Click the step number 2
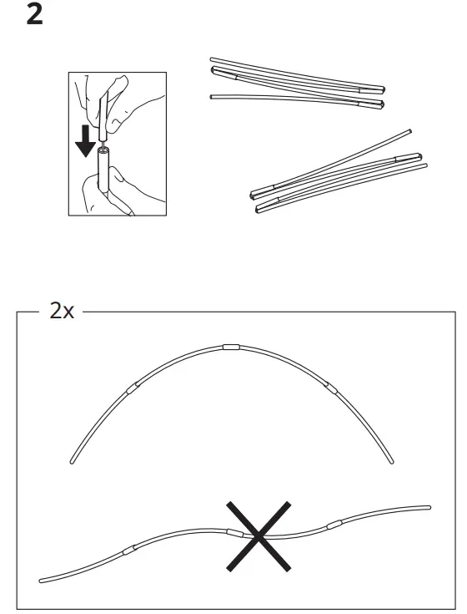35,15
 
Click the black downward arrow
84,143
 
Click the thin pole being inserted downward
103,117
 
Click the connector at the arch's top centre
230,346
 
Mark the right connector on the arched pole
331,387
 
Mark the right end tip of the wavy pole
428,507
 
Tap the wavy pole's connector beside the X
233,530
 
